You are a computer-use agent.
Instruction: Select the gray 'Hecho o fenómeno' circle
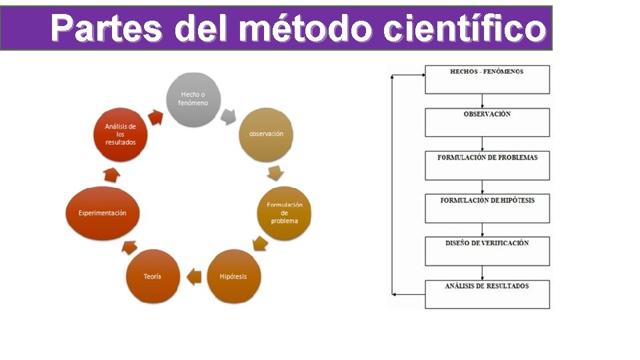pos(193,99)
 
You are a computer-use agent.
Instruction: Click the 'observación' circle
pos(266,134)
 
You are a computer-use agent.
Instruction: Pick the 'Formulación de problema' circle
pos(285,213)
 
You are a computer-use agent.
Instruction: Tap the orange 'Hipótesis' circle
pos(233,277)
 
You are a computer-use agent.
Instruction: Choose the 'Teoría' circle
pos(153,277)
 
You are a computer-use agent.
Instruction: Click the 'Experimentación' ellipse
pos(102,213)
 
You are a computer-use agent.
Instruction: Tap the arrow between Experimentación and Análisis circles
pos(112,175)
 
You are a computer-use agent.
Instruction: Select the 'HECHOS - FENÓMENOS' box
pos(487,79)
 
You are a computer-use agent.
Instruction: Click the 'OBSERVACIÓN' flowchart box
pos(487,122)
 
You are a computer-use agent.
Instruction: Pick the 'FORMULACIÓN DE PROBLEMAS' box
pos(487,165)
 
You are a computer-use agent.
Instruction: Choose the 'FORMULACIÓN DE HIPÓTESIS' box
pos(487,208)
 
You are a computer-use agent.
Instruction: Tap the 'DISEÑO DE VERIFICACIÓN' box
pos(487,251)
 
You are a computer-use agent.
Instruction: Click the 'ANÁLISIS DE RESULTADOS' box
pos(487,294)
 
